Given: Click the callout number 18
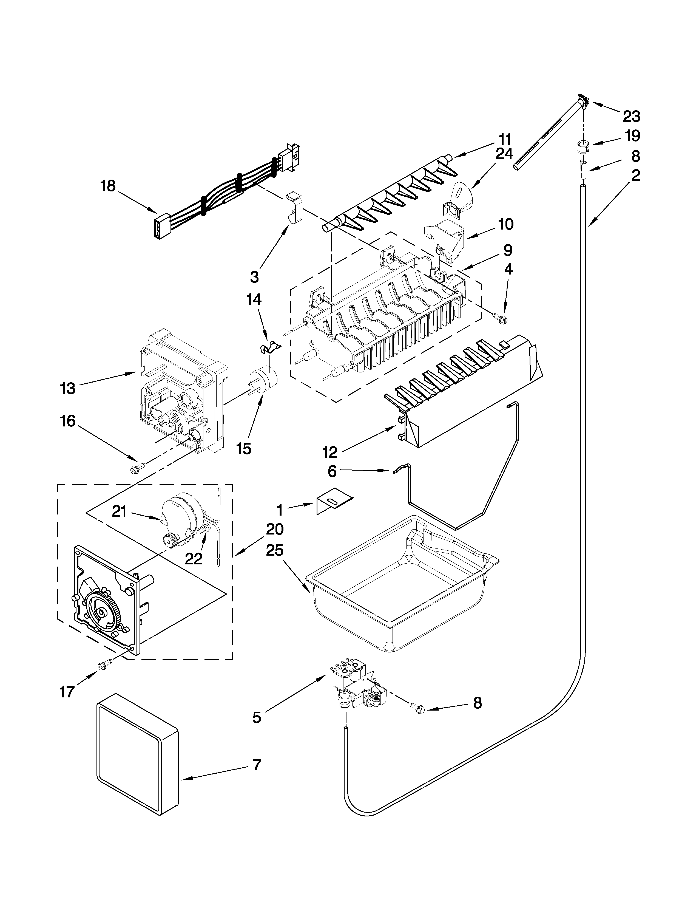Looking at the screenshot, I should click(x=108, y=186).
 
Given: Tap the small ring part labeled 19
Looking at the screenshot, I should click(x=582, y=146).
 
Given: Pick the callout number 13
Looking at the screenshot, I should click(x=67, y=388).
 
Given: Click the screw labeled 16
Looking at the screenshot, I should click(x=136, y=468).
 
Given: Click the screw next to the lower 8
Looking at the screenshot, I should click(x=417, y=709).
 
